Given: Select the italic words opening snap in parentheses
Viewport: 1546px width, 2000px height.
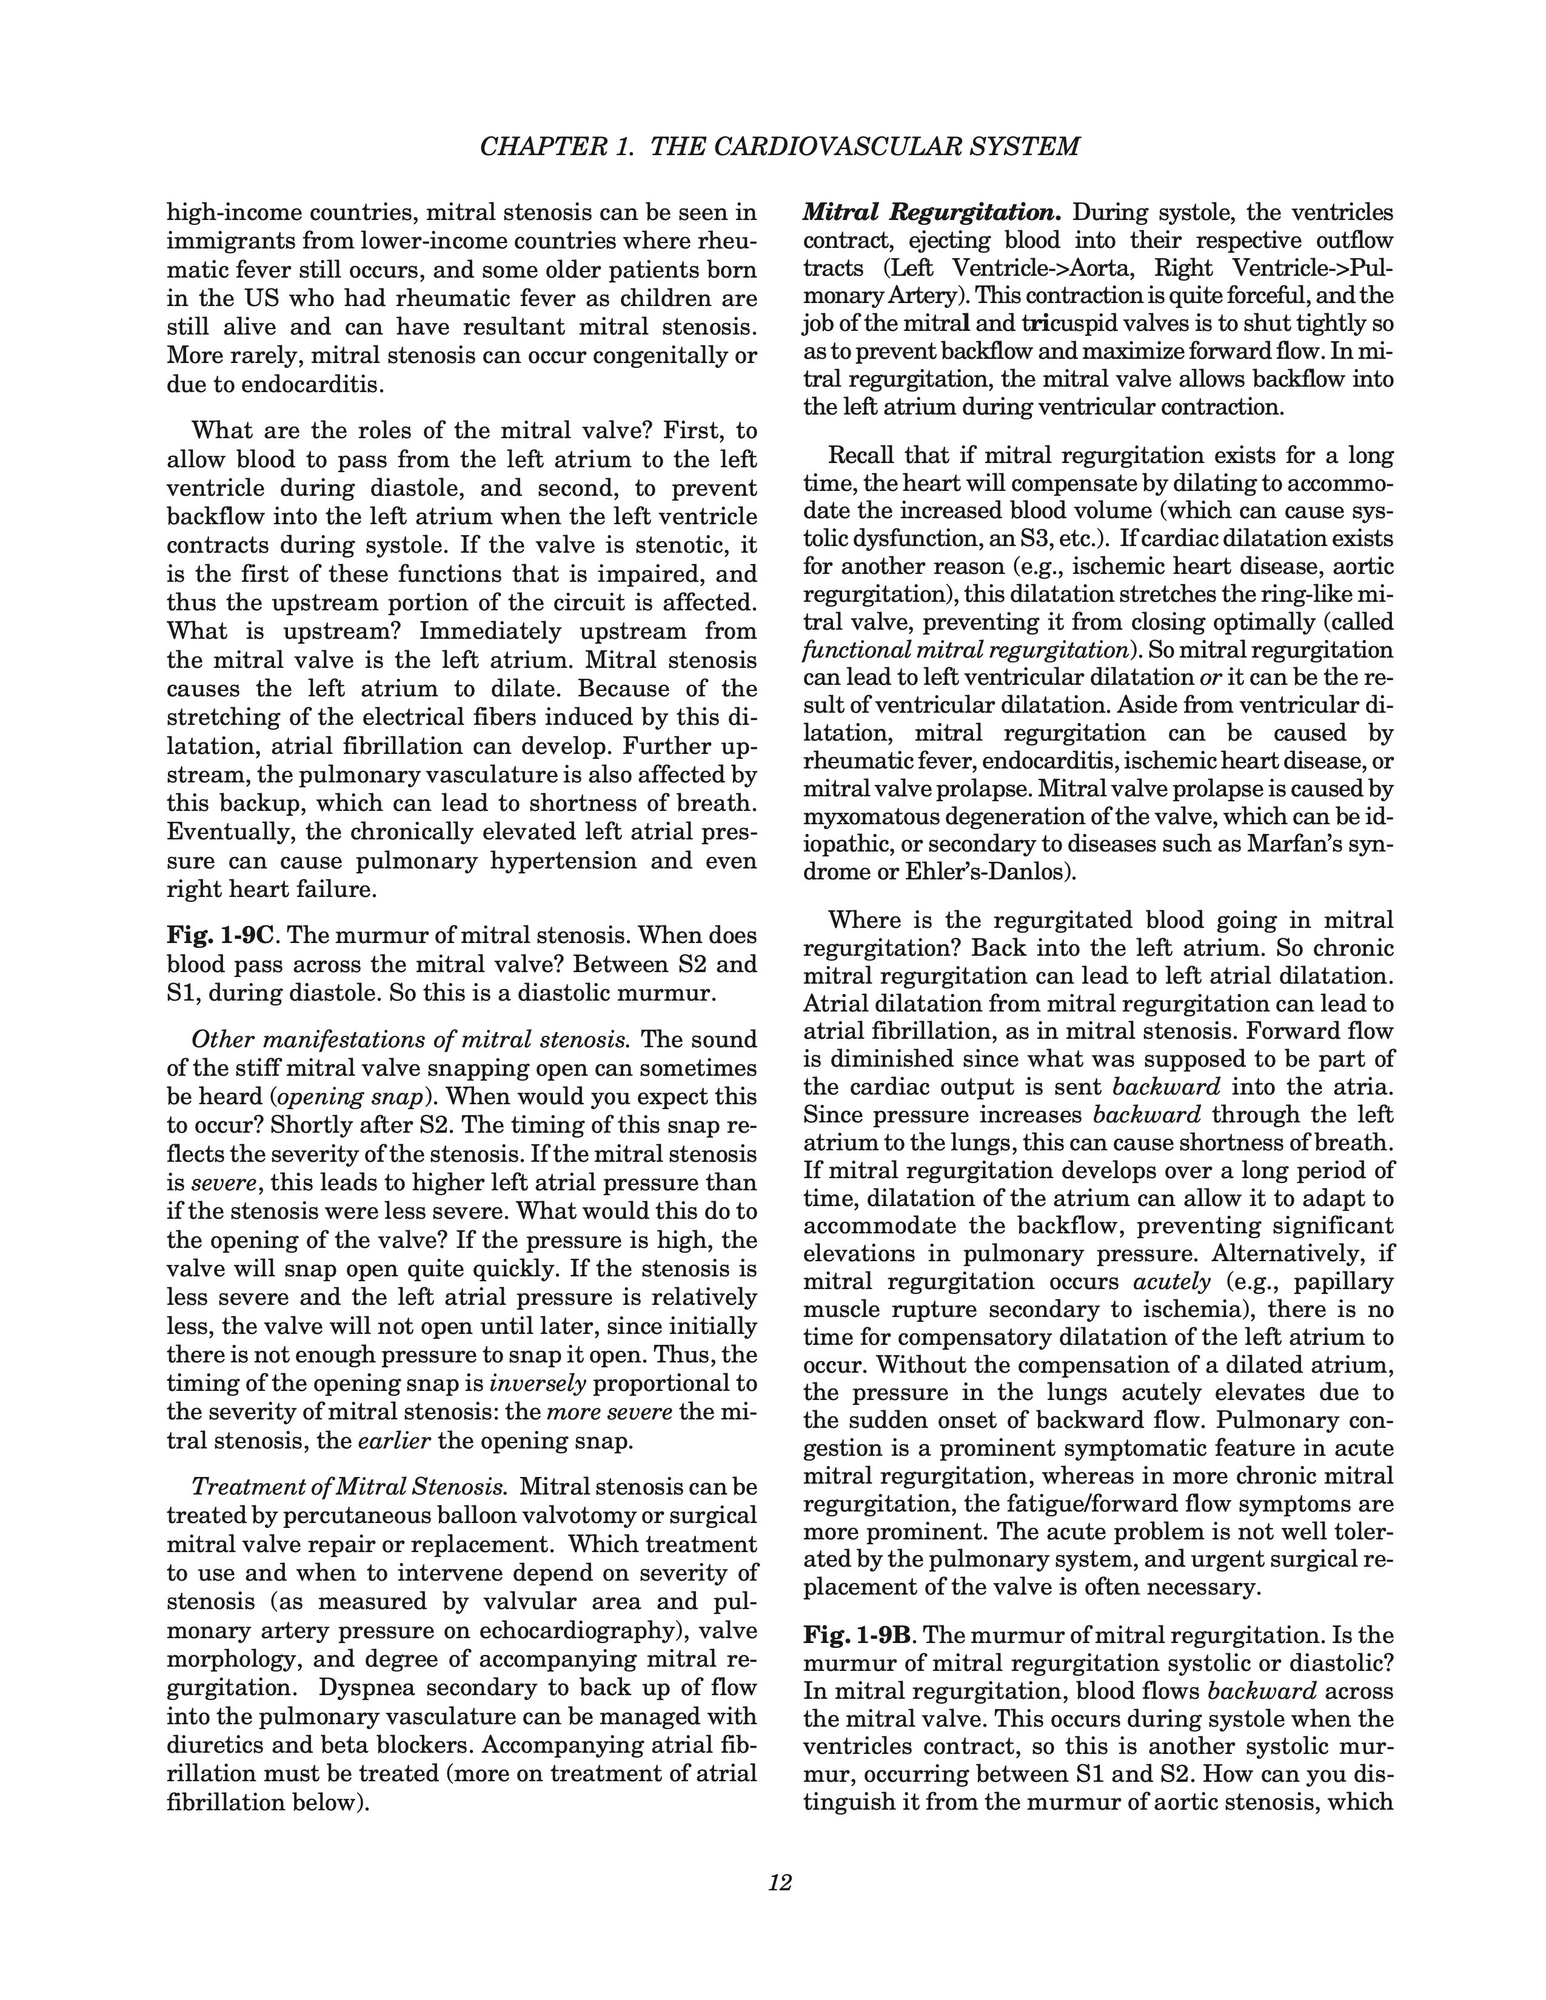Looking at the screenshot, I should click(x=332, y=1097).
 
